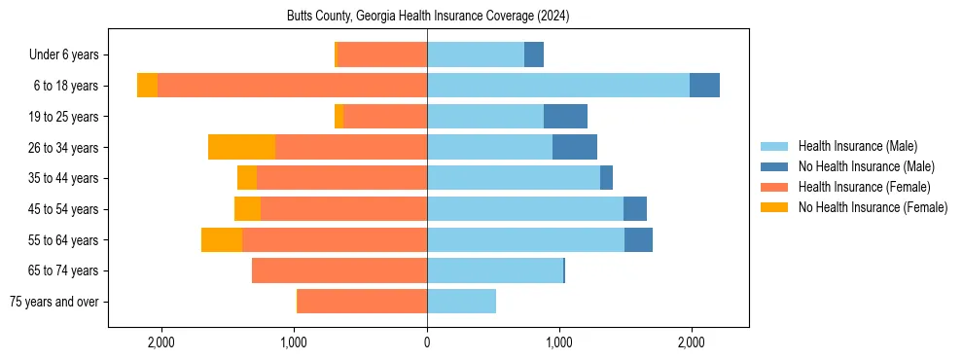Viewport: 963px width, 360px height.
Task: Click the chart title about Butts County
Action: click(x=427, y=17)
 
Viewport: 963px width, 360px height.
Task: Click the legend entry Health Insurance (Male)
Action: click(x=857, y=146)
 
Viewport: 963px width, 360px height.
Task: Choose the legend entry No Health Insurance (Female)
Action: click(x=873, y=207)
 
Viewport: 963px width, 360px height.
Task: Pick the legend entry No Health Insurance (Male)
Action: click(x=866, y=166)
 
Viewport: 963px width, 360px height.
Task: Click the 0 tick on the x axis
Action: click(x=427, y=342)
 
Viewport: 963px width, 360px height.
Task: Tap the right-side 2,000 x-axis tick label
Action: click(x=691, y=342)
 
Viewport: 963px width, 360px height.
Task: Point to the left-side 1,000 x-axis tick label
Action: click(x=295, y=342)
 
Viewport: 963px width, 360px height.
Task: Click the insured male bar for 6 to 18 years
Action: click(x=558, y=86)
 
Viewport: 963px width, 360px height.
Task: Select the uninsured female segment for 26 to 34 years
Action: click(x=241, y=147)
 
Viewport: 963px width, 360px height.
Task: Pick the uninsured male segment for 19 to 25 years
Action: click(x=565, y=117)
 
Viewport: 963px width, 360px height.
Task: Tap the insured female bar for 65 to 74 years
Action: click(x=339, y=270)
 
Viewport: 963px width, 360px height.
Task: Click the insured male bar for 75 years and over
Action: click(x=461, y=302)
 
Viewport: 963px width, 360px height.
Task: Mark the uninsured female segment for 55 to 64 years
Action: click(x=222, y=239)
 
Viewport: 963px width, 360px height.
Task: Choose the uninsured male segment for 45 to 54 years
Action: click(x=635, y=209)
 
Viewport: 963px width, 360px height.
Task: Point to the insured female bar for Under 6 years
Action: click(x=382, y=54)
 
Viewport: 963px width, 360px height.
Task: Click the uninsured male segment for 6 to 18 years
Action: click(x=704, y=86)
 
